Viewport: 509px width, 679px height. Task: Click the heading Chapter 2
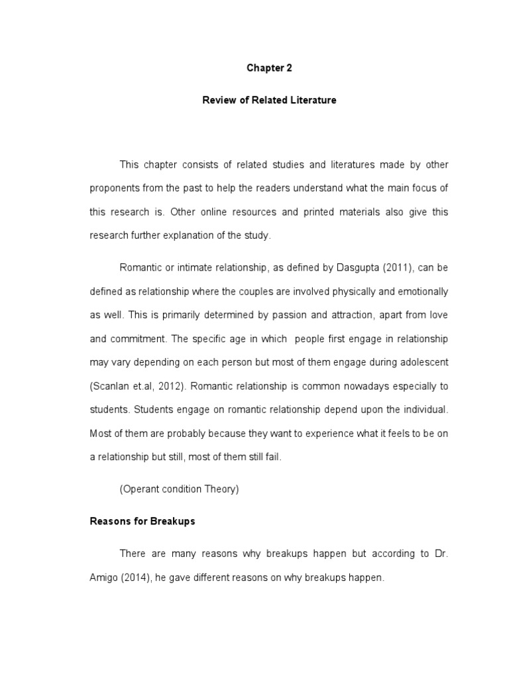269,68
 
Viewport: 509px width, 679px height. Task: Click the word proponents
115,188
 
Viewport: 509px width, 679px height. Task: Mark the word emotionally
410,291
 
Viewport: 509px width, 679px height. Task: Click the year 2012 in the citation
169,387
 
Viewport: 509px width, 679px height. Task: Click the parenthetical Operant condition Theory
179,490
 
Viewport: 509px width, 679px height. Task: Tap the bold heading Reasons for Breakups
142,521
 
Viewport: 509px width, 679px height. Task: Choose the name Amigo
104,578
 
